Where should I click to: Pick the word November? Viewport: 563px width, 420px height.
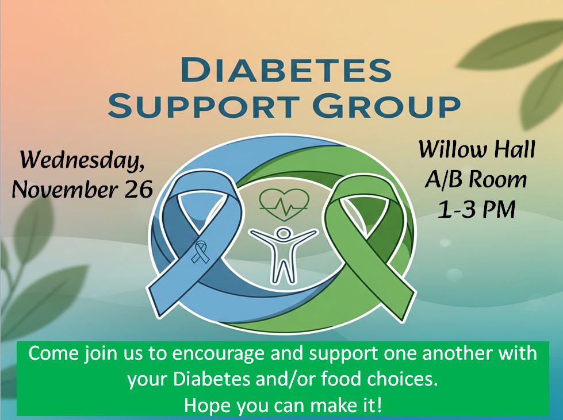[66, 190]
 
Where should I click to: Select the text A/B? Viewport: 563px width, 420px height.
[444, 180]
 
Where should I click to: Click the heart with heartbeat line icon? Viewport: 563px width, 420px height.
[284, 205]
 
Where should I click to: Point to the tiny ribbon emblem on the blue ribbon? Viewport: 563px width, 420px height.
[200, 252]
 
